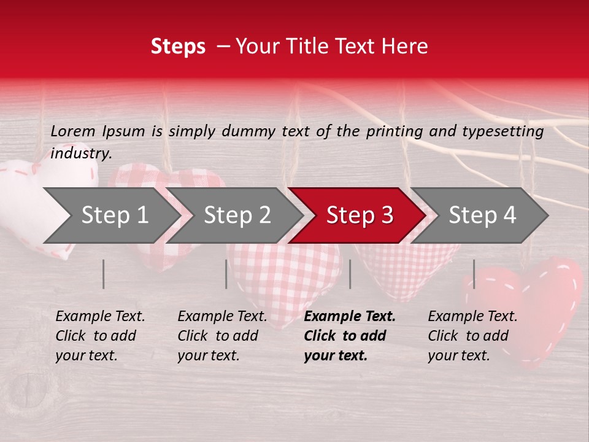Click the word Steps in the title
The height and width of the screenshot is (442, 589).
pyautogui.click(x=178, y=47)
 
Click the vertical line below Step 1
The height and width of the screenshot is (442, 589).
pyautogui.click(x=104, y=274)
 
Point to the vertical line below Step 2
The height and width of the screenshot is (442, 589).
pyautogui.click(x=226, y=274)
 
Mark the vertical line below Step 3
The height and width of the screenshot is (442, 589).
pyautogui.click(x=350, y=274)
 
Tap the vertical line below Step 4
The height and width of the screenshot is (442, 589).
pyautogui.click(x=474, y=274)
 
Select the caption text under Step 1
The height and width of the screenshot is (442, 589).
pyautogui.click(x=100, y=336)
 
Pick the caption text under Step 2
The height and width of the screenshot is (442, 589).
pyautogui.click(x=222, y=336)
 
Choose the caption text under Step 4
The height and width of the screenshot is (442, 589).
pyautogui.click(x=472, y=336)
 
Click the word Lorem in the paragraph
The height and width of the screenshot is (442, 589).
pyautogui.click(x=73, y=131)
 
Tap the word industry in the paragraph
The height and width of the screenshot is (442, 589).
pyautogui.click(x=81, y=153)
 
